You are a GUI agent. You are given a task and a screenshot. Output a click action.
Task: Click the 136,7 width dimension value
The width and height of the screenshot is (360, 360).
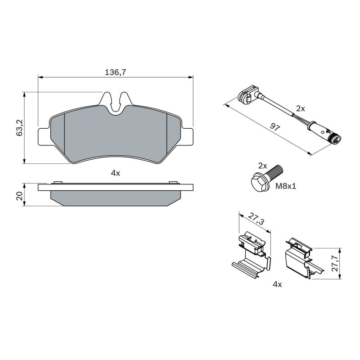tap(116, 72)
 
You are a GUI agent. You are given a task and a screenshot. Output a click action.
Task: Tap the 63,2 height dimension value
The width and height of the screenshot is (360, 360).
tap(19, 128)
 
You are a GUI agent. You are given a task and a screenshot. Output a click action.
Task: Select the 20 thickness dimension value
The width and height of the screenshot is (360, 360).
tap(19, 196)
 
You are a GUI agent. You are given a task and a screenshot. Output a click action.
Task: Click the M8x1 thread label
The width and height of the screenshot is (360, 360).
tap(286, 186)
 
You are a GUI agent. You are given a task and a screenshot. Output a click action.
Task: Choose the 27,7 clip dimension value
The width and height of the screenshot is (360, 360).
tap(335, 263)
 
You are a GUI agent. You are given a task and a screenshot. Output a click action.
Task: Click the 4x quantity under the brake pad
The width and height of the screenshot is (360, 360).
tap(116, 173)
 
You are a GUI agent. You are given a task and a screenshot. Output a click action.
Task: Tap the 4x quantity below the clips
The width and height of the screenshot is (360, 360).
tap(277, 284)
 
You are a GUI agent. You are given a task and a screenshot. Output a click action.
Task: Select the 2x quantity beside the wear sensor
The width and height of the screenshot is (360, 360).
tap(300, 108)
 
